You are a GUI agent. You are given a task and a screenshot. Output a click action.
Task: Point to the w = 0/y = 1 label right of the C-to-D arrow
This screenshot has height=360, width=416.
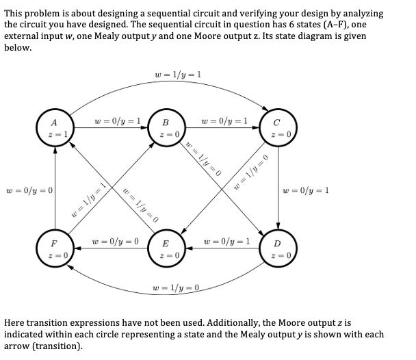[306, 190]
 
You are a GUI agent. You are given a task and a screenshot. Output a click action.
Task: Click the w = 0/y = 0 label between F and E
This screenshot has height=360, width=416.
[114, 242]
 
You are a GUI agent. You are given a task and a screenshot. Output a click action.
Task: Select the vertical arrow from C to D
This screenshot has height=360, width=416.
[278, 188]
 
